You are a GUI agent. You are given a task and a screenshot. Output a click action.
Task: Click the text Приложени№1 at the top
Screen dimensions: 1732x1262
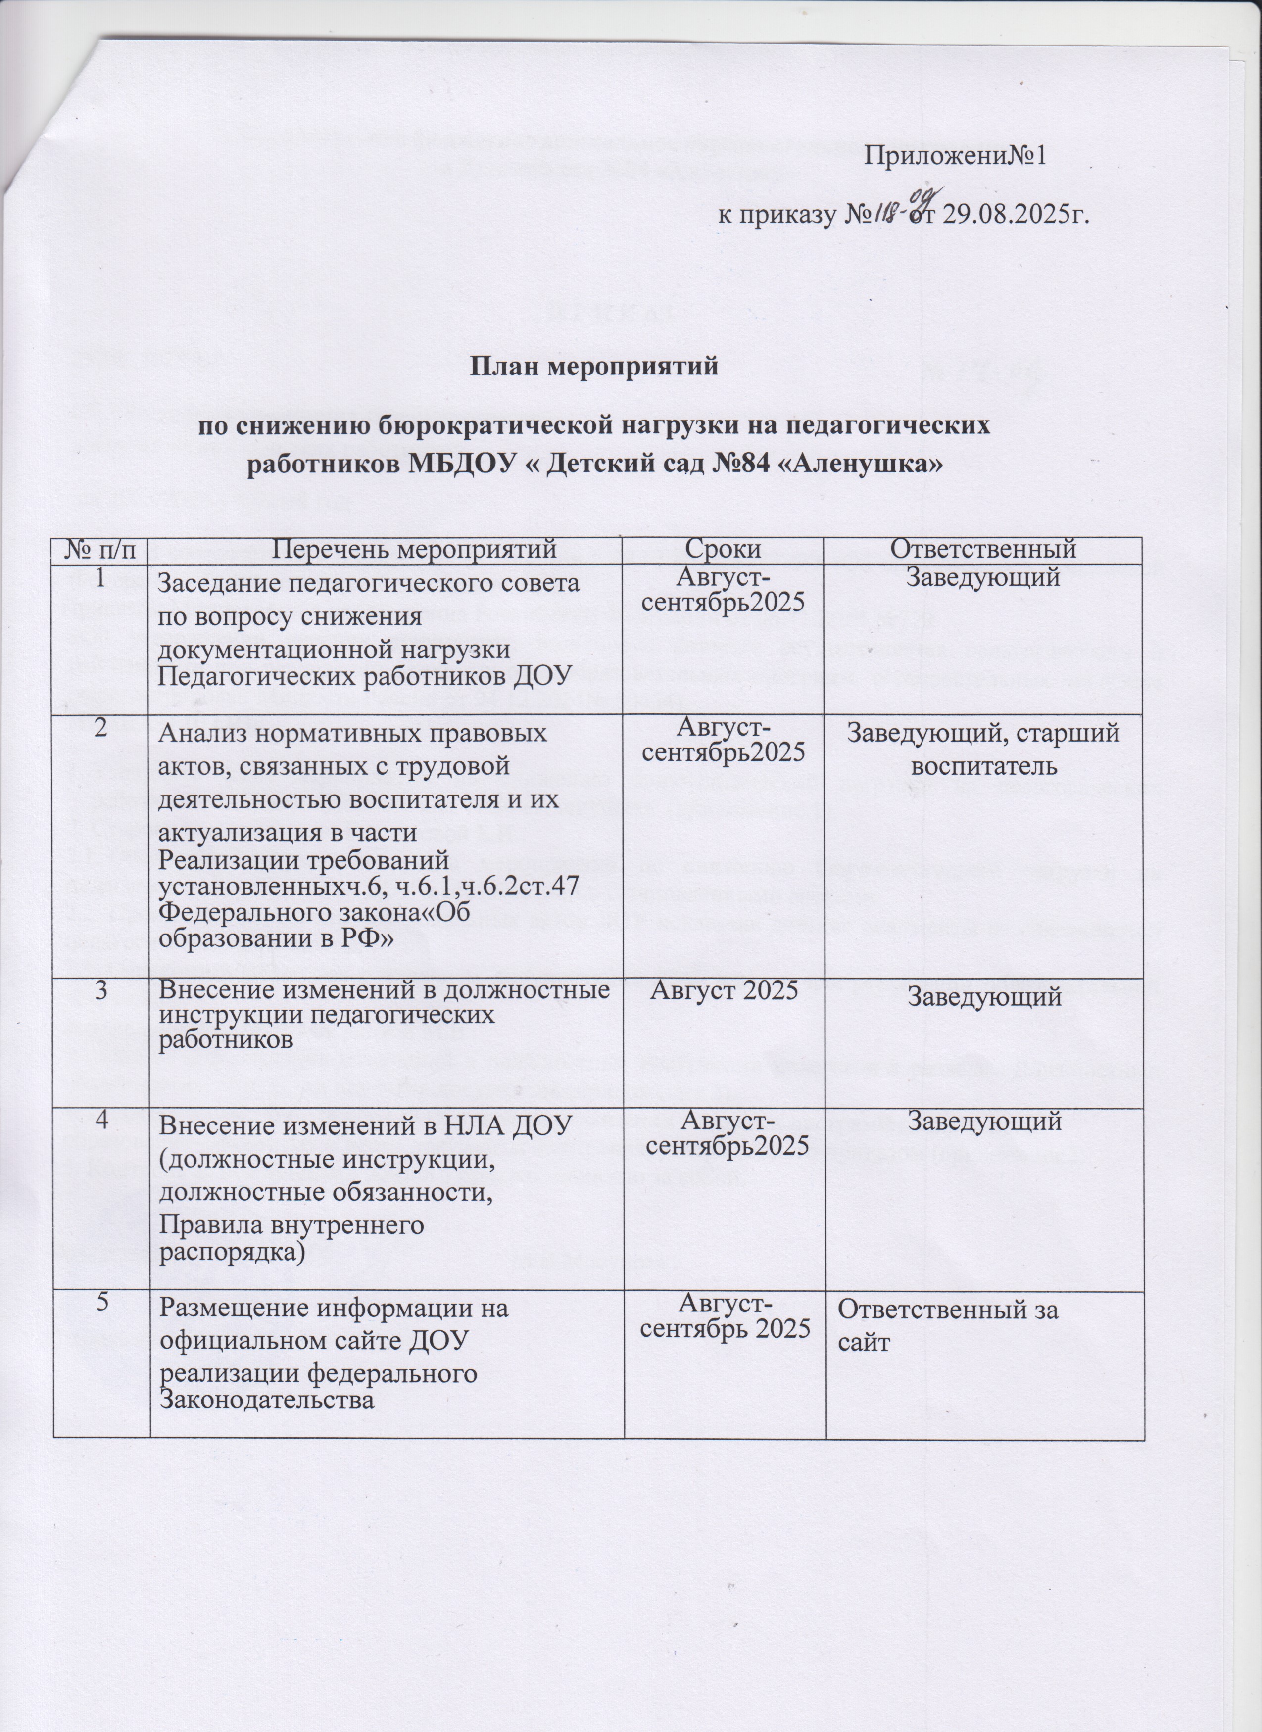click(954, 156)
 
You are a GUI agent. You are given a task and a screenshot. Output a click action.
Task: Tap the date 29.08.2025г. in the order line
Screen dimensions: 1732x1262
click(1012, 215)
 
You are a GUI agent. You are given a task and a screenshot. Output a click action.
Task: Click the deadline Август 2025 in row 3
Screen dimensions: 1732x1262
click(724, 990)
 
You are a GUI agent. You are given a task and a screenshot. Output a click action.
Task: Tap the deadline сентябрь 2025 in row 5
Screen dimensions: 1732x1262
click(724, 1328)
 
